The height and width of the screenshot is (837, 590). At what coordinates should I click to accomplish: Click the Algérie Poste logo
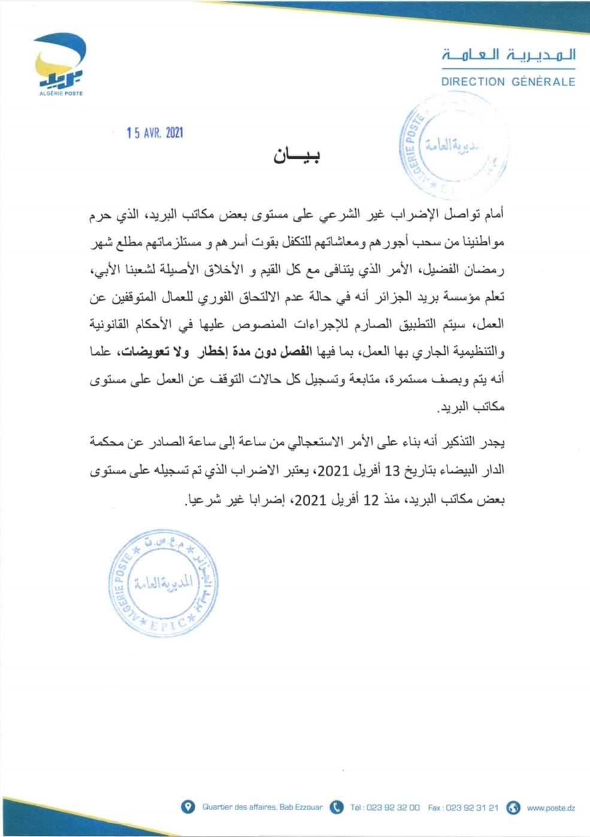[x=60, y=64]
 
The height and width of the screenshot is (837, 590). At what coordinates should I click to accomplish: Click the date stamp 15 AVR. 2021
[x=155, y=132]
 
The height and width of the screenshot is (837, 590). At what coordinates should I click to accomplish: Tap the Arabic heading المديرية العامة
[x=509, y=55]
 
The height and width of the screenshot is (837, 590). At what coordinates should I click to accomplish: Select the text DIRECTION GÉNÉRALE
[x=508, y=82]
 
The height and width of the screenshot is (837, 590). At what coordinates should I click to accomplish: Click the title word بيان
[x=296, y=156]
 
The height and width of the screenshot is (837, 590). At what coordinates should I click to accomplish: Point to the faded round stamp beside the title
[x=452, y=147]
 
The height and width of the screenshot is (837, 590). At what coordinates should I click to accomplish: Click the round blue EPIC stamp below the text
[x=163, y=582]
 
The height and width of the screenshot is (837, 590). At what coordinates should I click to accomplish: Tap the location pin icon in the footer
[x=188, y=807]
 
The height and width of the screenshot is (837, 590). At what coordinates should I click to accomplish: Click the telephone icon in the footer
[x=337, y=807]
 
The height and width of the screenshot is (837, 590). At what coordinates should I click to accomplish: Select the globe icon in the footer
[x=513, y=807]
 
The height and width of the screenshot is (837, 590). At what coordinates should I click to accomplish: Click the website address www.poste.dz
[x=551, y=808]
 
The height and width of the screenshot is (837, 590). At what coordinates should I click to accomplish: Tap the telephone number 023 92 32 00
[x=393, y=808]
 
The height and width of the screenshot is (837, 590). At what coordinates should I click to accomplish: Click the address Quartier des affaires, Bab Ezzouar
[x=262, y=808]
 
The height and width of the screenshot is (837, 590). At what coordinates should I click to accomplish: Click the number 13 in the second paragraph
[x=392, y=470]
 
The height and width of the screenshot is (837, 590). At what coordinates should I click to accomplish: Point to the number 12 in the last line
[x=371, y=499]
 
